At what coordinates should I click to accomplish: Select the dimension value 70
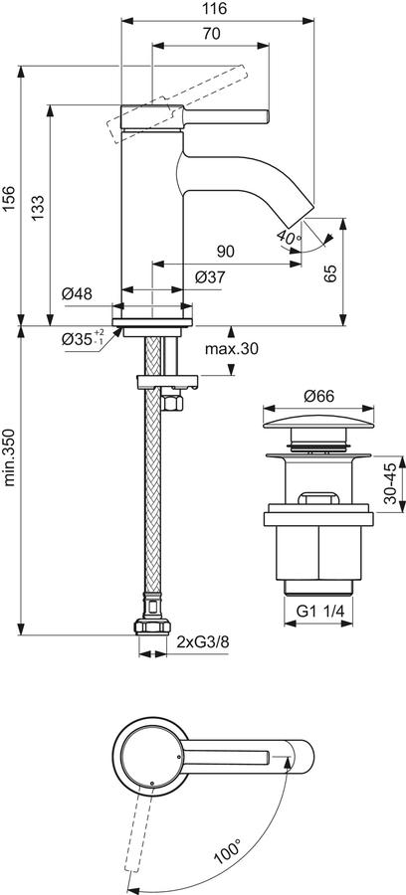pos(211,34)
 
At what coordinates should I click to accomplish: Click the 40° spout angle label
pos(288,236)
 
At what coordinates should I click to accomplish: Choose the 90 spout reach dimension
pos(226,252)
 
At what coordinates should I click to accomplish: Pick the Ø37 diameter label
pos(210,277)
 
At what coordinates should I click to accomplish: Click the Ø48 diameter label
pos(77,294)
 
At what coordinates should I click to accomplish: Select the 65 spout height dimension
pos(330,273)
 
